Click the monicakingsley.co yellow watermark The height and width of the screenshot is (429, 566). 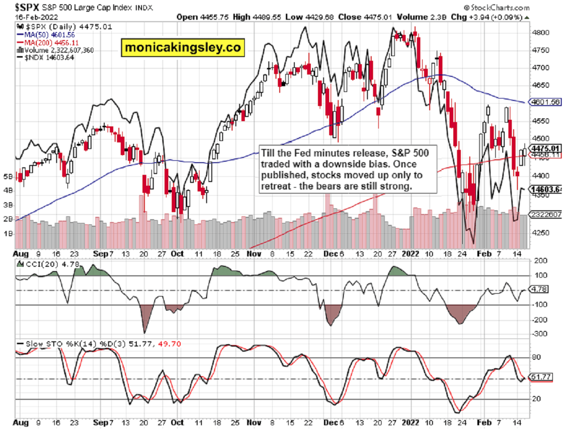(183, 47)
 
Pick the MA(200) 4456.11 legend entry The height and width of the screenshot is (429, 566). (50, 42)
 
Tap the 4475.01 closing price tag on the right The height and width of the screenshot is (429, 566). (547, 148)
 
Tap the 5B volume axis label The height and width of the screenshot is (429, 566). (8, 176)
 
